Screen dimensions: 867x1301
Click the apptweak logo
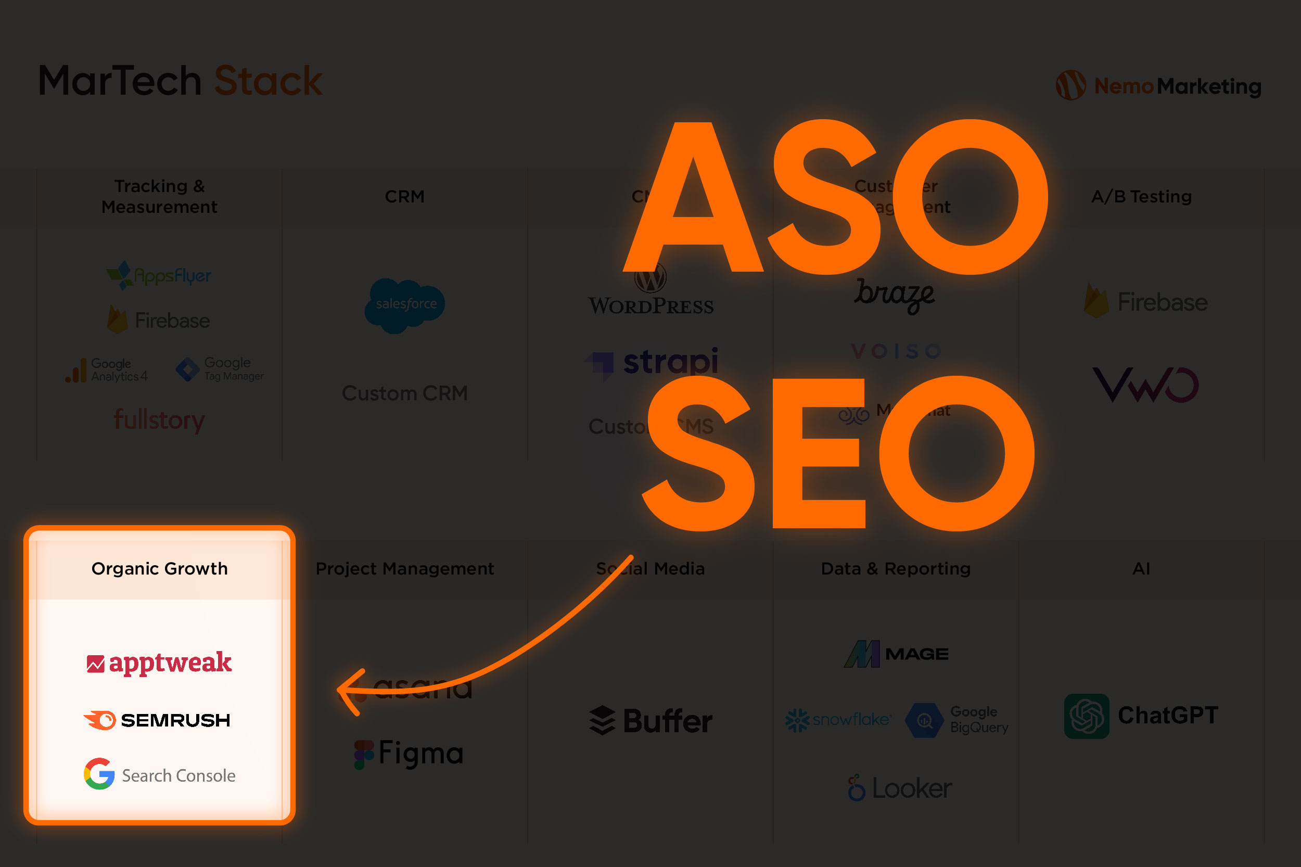pos(159,663)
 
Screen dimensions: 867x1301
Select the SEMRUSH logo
pos(157,720)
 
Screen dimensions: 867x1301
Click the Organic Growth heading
pos(159,568)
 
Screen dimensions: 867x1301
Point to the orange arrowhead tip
pos(339,690)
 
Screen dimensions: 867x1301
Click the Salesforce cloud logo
pos(405,304)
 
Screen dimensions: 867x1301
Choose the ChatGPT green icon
pos(1087,716)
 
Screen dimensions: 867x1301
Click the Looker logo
pos(900,788)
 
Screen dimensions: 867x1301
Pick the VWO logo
pos(1145,385)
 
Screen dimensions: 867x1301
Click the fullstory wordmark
pos(159,420)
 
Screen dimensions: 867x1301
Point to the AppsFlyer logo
pos(159,275)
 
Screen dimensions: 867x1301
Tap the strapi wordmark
pos(670,362)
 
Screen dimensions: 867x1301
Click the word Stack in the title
pos(268,81)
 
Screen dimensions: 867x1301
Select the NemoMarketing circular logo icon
pos(1070,85)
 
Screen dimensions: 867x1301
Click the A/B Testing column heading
pos(1141,196)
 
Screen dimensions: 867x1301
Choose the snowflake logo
pos(838,720)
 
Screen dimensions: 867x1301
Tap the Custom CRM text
pos(405,393)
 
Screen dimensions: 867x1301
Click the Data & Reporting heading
pos(896,568)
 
